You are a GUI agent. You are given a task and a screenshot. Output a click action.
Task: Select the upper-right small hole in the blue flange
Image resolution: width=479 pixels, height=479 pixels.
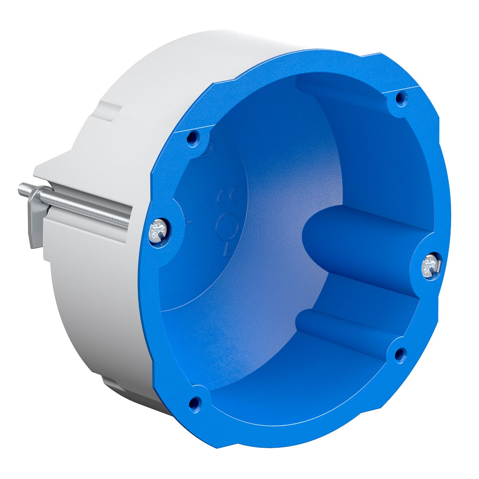click(400, 98)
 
